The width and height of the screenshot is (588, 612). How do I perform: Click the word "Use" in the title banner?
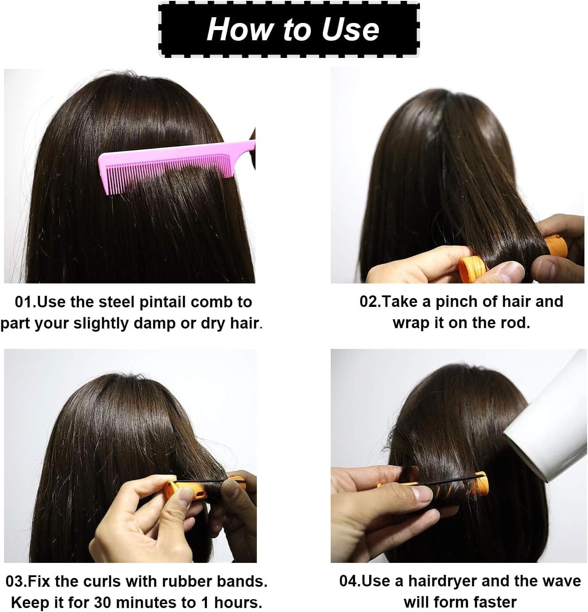pos(350,29)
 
